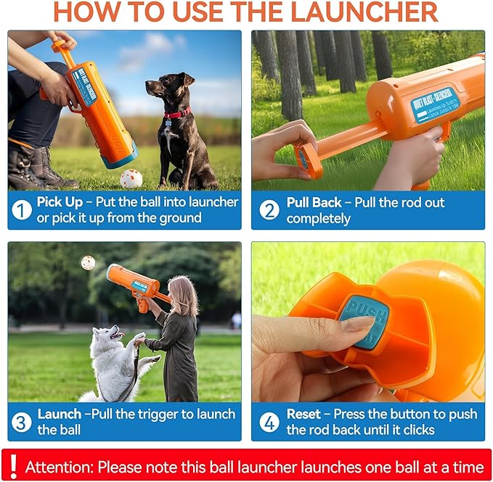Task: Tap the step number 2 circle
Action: (x=269, y=209)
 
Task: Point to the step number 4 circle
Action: (x=269, y=421)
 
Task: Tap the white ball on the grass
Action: (x=131, y=178)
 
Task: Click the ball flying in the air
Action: (x=88, y=263)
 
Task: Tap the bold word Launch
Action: (x=59, y=414)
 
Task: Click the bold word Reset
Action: (x=303, y=414)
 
